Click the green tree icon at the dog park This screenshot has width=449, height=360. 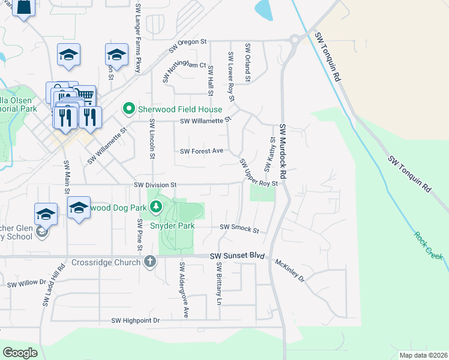click(x=156, y=208)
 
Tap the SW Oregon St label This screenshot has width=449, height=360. click(x=187, y=43)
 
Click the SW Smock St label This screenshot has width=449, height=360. click(x=239, y=228)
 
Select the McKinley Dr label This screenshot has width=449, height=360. click(x=290, y=271)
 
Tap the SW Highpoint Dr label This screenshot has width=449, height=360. click(x=136, y=321)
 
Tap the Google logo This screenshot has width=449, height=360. click(x=20, y=352)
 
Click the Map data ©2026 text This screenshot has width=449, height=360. click(x=423, y=355)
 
